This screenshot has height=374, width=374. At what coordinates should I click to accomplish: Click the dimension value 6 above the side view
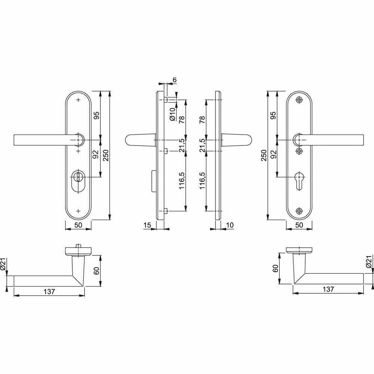coord(175,80)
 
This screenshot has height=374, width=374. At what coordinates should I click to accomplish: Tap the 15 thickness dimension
coord(147,225)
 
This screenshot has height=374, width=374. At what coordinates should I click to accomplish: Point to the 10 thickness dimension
coord(230,225)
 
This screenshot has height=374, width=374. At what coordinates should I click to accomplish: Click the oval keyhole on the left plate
coord(78,180)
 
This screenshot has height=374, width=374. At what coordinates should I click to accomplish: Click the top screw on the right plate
coord(299,100)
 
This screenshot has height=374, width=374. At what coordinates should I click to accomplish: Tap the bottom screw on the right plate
coord(299,211)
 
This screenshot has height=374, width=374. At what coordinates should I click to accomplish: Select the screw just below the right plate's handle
coord(299,151)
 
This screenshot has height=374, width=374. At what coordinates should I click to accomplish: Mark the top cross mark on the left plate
coord(78,100)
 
